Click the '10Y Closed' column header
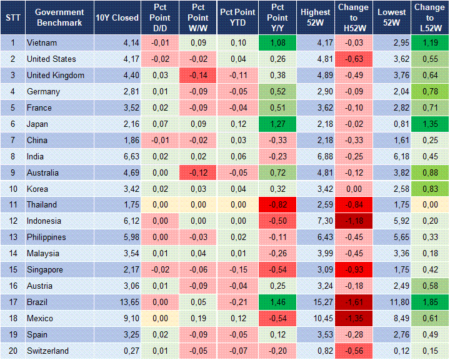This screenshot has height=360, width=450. [117, 17]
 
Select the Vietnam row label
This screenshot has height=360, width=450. [41, 42]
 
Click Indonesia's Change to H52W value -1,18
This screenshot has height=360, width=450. [353, 221]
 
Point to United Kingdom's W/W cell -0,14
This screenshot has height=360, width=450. [198, 75]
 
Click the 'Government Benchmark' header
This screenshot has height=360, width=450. [59, 17]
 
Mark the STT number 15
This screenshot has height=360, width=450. [12, 270]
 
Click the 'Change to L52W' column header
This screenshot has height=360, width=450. [429, 17]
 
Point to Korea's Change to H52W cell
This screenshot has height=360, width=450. [353, 189]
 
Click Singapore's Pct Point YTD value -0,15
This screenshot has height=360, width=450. [238, 270]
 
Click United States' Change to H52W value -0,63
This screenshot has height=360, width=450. [353, 59]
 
